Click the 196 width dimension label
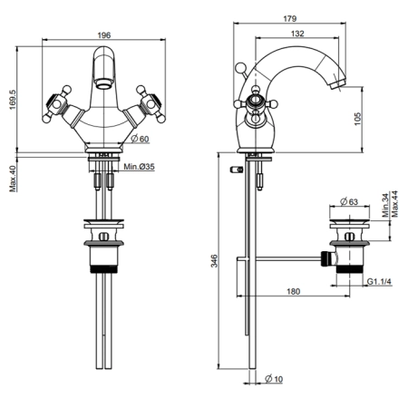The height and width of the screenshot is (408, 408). (104, 35)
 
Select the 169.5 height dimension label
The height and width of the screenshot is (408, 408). (13, 100)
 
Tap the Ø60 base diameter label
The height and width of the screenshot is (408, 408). (141, 139)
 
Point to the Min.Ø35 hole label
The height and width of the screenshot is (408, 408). (139, 167)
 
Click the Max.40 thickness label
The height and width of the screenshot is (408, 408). (13, 179)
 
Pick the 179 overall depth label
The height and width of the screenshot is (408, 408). (289, 18)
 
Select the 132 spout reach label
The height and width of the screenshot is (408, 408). (297, 34)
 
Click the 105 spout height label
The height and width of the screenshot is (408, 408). (357, 119)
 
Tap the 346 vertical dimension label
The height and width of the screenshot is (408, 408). (214, 260)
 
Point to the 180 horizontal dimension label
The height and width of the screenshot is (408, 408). (293, 291)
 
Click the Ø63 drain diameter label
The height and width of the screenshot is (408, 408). (349, 201)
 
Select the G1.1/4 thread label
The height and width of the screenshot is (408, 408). (379, 282)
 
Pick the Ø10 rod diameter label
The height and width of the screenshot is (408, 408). (274, 379)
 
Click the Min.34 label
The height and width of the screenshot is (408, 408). (385, 206)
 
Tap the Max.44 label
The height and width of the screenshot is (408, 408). (394, 204)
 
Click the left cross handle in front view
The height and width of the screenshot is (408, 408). (57, 104)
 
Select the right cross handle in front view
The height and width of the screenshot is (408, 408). (151, 104)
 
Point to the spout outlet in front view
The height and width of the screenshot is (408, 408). (104, 83)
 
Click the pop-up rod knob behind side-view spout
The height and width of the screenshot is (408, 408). (241, 68)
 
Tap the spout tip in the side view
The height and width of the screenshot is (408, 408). (338, 84)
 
